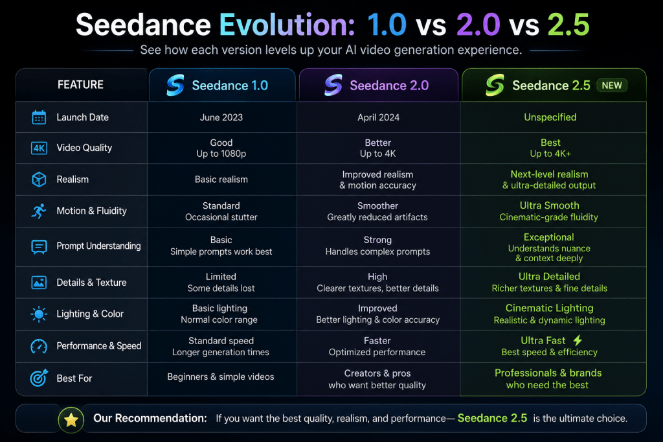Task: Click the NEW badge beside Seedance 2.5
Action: click(x=611, y=86)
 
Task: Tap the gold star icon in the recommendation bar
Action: click(x=71, y=420)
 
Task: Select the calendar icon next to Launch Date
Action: click(x=39, y=117)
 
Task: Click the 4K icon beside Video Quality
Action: click(x=39, y=148)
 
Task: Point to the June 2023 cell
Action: click(x=221, y=117)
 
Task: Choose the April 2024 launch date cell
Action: click(x=378, y=117)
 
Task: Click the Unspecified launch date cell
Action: click(x=550, y=117)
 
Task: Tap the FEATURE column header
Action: click(x=80, y=85)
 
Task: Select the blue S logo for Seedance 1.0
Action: click(x=175, y=85)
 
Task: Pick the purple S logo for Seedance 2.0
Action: click(x=333, y=85)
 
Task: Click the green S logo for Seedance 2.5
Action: click(x=495, y=85)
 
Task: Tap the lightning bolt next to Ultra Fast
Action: click(x=578, y=340)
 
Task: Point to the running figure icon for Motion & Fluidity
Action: click(x=39, y=211)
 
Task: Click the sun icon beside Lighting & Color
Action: click(x=39, y=314)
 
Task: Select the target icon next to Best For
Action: click(x=39, y=378)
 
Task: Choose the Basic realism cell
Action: click(x=221, y=180)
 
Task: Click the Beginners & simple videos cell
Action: click(x=221, y=377)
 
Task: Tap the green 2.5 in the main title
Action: click(x=568, y=25)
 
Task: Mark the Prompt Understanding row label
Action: click(x=98, y=246)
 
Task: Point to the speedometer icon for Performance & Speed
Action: click(x=39, y=346)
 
